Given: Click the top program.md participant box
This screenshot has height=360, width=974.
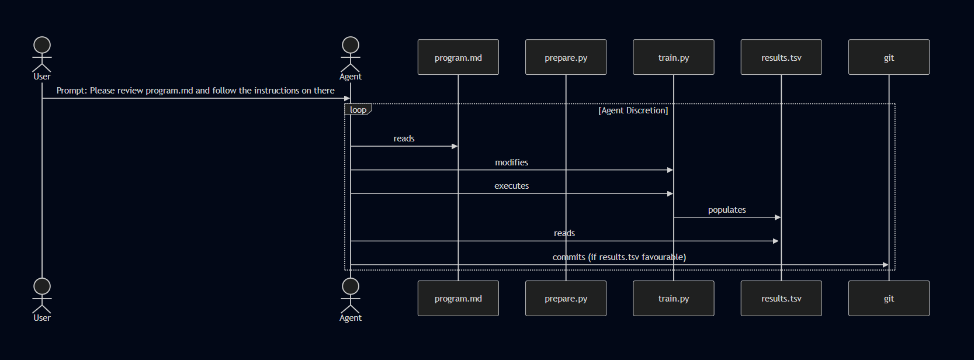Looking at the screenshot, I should pyautogui.click(x=458, y=57).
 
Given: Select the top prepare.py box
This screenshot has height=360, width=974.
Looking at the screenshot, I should pyautogui.click(x=566, y=57).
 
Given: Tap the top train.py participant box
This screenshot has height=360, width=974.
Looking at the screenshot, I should pyautogui.click(x=674, y=57).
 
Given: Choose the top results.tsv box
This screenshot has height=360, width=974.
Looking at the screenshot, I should pyautogui.click(x=781, y=57).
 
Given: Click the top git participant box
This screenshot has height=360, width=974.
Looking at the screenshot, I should pyautogui.click(x=889, y=57).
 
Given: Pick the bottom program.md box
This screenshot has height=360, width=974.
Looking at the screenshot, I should pyautogui.click(x=458, y=298).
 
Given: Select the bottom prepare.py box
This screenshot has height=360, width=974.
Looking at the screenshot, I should pyautogui.click(x=566, y=298).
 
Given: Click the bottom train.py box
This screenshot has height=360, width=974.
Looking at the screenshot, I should pyautogui.click(x=674, y=298).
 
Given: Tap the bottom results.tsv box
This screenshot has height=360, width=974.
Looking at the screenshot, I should pyautogui.click(x=781, y=298).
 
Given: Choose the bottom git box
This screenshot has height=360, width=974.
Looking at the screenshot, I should pyautogui.click(x=889, y=298).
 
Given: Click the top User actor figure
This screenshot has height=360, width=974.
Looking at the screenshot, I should pyautogui.click(x=42, y=54).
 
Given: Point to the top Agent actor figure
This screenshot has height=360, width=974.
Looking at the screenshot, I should pyautogui.click(x=351, y=54).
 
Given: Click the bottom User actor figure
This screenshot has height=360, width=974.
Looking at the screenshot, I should pyautogui.click(x=42, y=296).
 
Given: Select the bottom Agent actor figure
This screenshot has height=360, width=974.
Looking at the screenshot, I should pyautogui.click(x=351, y=296).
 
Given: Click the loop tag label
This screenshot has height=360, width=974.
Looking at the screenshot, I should pyautogui.click(x=358, y=110).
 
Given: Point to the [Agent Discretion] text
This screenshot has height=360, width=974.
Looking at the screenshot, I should pyautogui.click(x=633, y=110).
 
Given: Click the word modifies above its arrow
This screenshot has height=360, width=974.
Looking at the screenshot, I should pyautogui.click(x=511, y=162).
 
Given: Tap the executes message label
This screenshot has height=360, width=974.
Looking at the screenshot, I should pyautogui.click(x=511, y=186).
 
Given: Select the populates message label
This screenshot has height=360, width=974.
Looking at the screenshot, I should pyautogui.click(x=727, y=210).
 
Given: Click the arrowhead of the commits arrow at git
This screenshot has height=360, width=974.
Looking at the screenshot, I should pyautogui.click(x=885, y=265).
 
